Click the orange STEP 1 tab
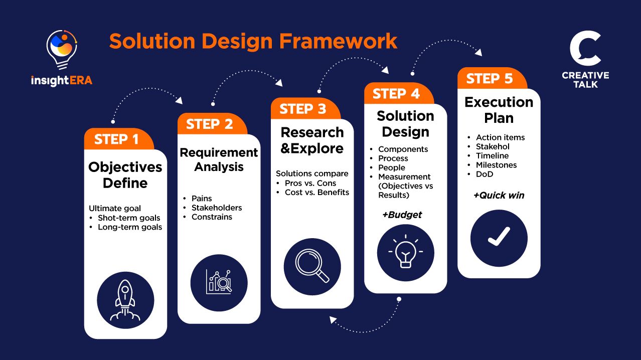[x=117, y=139]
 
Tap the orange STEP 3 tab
[x=303, y=109]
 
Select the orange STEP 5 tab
[x=490, y=79]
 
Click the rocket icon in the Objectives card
[x=125, y=300]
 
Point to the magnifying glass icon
[x=312, y=266]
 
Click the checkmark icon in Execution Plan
[x=499, y=238]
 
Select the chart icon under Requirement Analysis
[x=219, y=282]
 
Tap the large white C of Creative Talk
[x=585, y=48]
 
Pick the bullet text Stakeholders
[x=217, y=208]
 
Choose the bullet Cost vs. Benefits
[x=316, y=192]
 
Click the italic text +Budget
[x=402, y=215]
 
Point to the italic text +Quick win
[x=499, y=196]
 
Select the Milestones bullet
[x=496, y=165]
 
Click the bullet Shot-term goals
[x=129, y=218]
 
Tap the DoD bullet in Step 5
[x=485, y=174]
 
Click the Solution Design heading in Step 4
[x=405, y=124]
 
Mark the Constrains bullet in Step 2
[x=212, y=217]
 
